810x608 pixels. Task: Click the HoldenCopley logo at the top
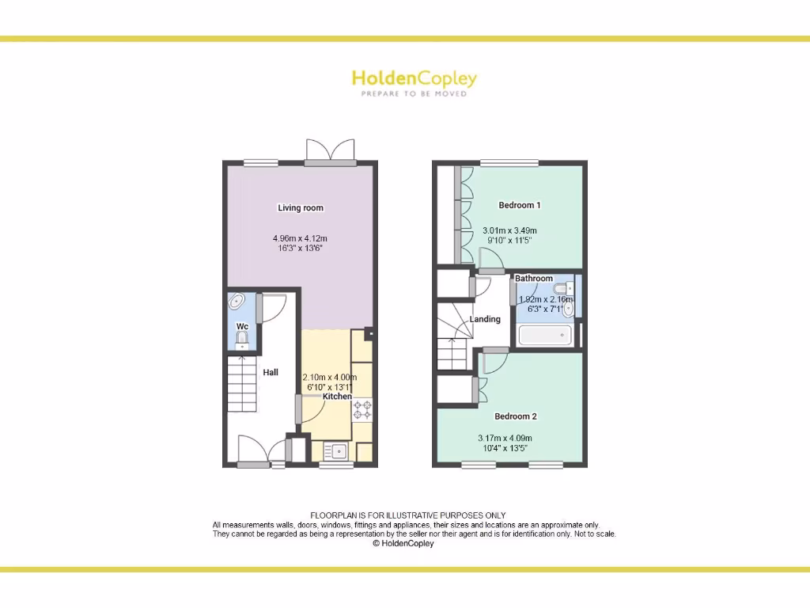click(414, 78)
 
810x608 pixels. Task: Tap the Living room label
click(301, 208)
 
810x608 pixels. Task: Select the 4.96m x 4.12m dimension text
click(300, 237)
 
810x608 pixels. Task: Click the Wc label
click(242, 327)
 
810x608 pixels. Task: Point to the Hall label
click(271, 372)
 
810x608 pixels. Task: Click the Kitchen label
click(337, 396)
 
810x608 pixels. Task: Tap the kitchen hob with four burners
click(363, 409)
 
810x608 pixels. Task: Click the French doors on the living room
click(331, 152)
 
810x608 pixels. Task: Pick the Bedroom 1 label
click(520, 205)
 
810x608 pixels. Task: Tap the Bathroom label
click(534, 279)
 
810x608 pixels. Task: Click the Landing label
click(485, 320)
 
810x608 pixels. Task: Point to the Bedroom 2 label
click(516, 416)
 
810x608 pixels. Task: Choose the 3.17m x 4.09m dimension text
click(505, 439)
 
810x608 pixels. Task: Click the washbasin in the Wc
click(237, 301)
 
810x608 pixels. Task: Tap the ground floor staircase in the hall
click(242, 384)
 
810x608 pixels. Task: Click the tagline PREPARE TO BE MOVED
click(414, 94)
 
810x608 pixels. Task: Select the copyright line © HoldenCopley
click(403, 543)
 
